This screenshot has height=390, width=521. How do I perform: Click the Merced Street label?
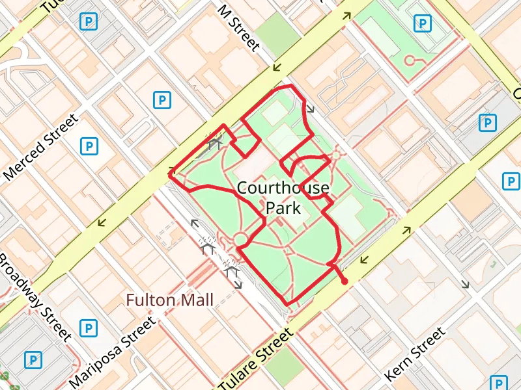[x=41, y=148]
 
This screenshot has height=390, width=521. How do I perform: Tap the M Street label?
[x=239, y=28]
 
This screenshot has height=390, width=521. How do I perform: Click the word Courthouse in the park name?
[x=283, y=188]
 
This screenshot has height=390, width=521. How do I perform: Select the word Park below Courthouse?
[x=283, y=208]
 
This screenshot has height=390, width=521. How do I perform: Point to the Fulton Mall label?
[x=169, y=300]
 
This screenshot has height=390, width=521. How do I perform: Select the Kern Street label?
[x=415, y=355]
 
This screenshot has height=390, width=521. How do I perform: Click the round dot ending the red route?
[x=344, y=281]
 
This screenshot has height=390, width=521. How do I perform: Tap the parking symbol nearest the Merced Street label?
[x=88, y=146]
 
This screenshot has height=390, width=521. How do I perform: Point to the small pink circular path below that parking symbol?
[x=410, y=60]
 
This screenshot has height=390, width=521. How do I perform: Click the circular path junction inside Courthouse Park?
[x=241, y=239]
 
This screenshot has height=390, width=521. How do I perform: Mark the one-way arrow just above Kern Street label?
[x=465, y=283]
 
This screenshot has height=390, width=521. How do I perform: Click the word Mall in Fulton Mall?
[x=197, y=300]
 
